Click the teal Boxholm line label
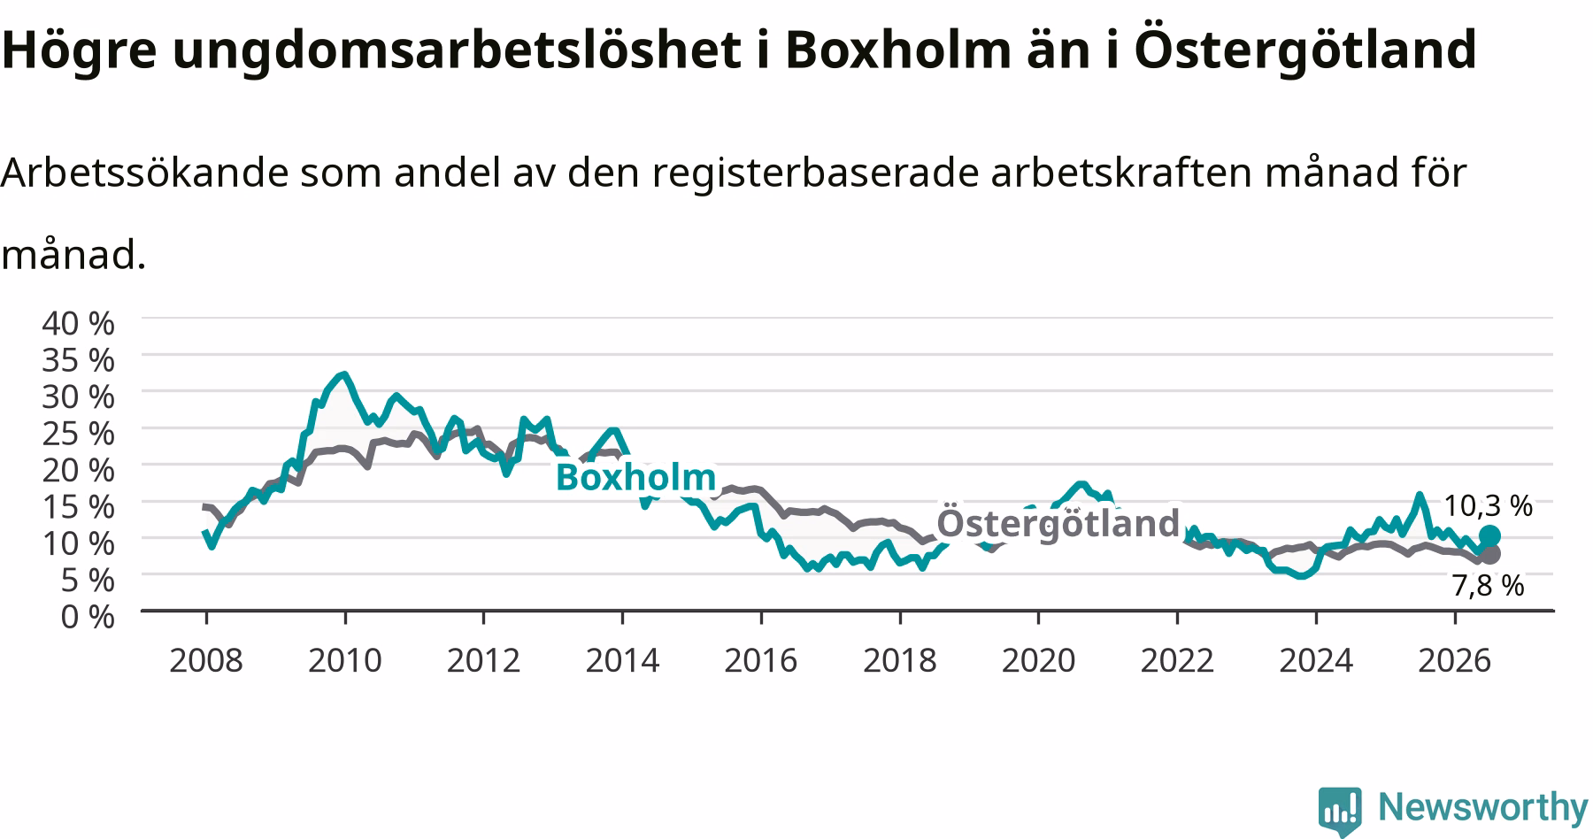pos(635,477)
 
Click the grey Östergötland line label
pos(1058,522)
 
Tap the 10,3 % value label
pos(1489,505)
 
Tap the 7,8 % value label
pos(1489,585)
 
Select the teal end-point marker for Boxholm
pos(1490,535)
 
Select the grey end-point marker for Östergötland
pos(1490,554)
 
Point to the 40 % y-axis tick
pos(79,323)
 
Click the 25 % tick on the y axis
pos(79,434)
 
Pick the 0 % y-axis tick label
pos(88,616)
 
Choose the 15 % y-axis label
pos(79,507)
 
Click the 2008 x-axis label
pos(205,660)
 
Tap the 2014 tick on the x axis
pos(622,660)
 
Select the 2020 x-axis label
pos(1038,660)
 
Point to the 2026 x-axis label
pos(1455,660)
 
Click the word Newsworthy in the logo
pos(1483,808)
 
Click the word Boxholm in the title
pos(897,50)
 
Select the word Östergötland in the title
pos(1304,50)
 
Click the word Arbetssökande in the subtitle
pos(145,173)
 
